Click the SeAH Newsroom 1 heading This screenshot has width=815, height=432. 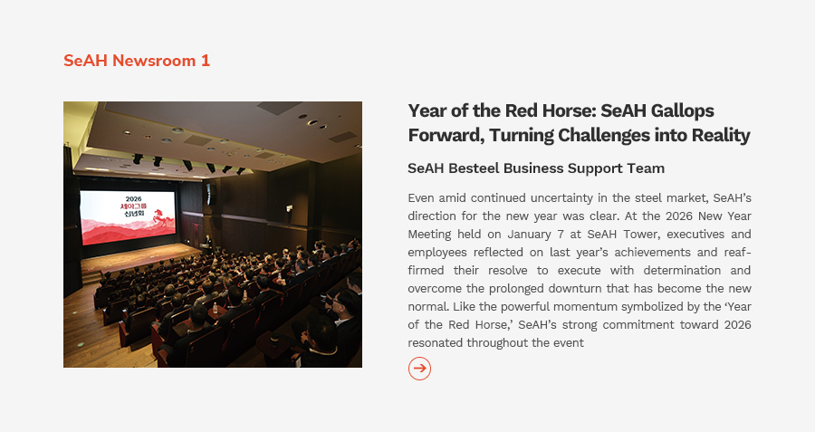pos(137,61)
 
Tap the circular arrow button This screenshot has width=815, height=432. pos(419,369)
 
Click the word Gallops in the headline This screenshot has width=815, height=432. pos(683,111)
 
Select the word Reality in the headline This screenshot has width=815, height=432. pos(720,135)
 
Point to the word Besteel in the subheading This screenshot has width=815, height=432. pos(474,168)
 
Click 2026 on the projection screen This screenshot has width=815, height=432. pos(134,198)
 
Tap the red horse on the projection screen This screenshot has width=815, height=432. pos(164,218)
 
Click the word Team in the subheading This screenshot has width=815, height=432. pos(648,168)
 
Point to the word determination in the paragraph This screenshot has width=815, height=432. pos(682,270)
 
